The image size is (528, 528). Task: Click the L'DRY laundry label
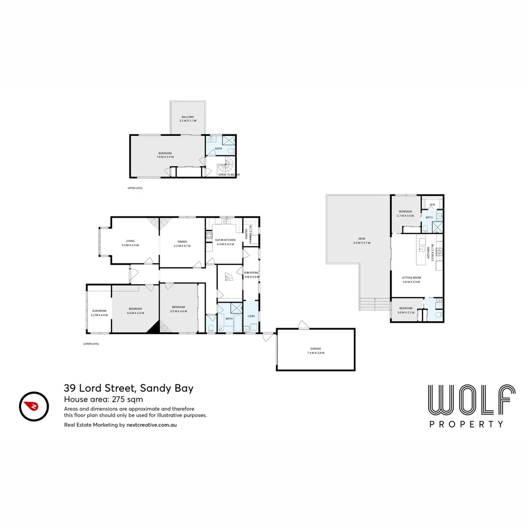251,316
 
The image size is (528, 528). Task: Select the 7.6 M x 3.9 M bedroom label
165,155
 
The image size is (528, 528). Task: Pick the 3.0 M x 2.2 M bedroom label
406,310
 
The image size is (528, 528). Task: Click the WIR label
432,205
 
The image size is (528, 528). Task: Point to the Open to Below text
229,174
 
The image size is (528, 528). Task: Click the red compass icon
34,406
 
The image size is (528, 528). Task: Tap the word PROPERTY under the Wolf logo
466,424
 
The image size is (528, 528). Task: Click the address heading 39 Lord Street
129,389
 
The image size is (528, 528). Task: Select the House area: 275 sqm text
103,399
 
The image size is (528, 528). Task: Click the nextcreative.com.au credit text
120,425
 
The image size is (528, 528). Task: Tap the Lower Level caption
91,344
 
